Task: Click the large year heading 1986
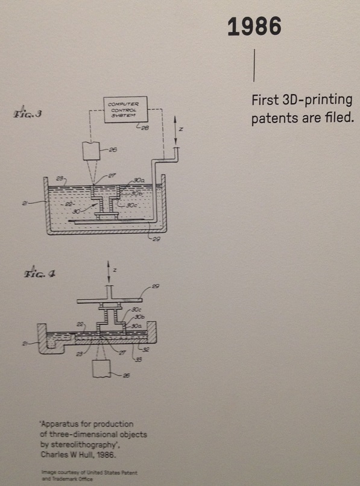[254, 26]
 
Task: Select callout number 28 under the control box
[145, 128]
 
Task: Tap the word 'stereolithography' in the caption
[84, 443]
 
